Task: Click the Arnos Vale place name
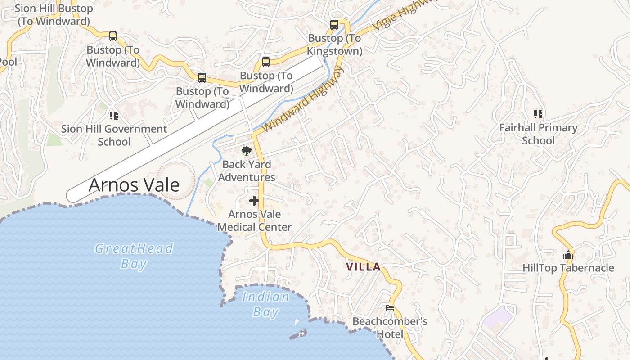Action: pos(134,185)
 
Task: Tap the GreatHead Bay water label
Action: pos(134,256)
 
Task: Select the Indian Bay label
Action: pos(266,304)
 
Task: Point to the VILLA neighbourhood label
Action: pos(363,267)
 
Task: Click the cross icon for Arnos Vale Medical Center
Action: pos(254,201)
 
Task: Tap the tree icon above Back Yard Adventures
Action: pos(246,151)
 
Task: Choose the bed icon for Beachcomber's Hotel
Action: pos(390,308)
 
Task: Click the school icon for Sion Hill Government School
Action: pos(114,116)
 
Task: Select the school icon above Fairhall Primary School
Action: pos(538,114)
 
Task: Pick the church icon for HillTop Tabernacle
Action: pos(568,255)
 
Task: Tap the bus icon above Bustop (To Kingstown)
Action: pos(334,25)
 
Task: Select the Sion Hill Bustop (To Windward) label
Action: pos(54,14)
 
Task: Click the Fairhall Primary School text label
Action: pos(538,134)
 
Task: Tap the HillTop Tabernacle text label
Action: pos(568,268)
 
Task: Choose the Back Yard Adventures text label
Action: pos(247,171)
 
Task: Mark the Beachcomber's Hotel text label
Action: pos(390,328)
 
